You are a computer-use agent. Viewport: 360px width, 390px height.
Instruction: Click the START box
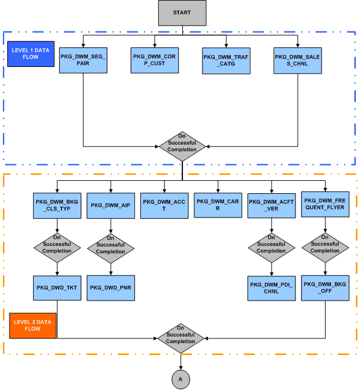tap(182, 13)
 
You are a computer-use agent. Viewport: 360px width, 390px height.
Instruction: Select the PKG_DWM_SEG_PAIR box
tap(83, 60)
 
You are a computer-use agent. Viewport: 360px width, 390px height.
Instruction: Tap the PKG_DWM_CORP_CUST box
tap(155, 60)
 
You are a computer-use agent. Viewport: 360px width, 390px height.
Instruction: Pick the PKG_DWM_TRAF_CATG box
tap(226, 60)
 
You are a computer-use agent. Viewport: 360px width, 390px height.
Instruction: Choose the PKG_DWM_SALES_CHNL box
tap(298, 60)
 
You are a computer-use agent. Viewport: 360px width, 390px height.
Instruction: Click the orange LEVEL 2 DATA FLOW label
tap(33, 324)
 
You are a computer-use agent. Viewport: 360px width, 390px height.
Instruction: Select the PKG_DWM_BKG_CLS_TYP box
tap(57, 205)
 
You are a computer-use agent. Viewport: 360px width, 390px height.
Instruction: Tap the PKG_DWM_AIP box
tap(111, 205)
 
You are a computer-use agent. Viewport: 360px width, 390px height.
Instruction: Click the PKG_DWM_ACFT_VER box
tap(271, 205)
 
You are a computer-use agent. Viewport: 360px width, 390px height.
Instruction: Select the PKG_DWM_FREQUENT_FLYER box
tap(324, 205)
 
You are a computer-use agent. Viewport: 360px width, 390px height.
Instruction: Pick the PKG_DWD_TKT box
tap(57, 287)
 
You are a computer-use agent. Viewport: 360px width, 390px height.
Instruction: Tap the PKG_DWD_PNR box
tap(111, 287)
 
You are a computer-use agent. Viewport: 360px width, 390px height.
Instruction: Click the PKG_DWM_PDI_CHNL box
tap(271, 288)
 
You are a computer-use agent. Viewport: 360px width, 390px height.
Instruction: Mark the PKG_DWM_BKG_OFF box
tap(324, 287)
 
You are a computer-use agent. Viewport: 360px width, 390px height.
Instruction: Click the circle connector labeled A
tap(181, 378)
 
